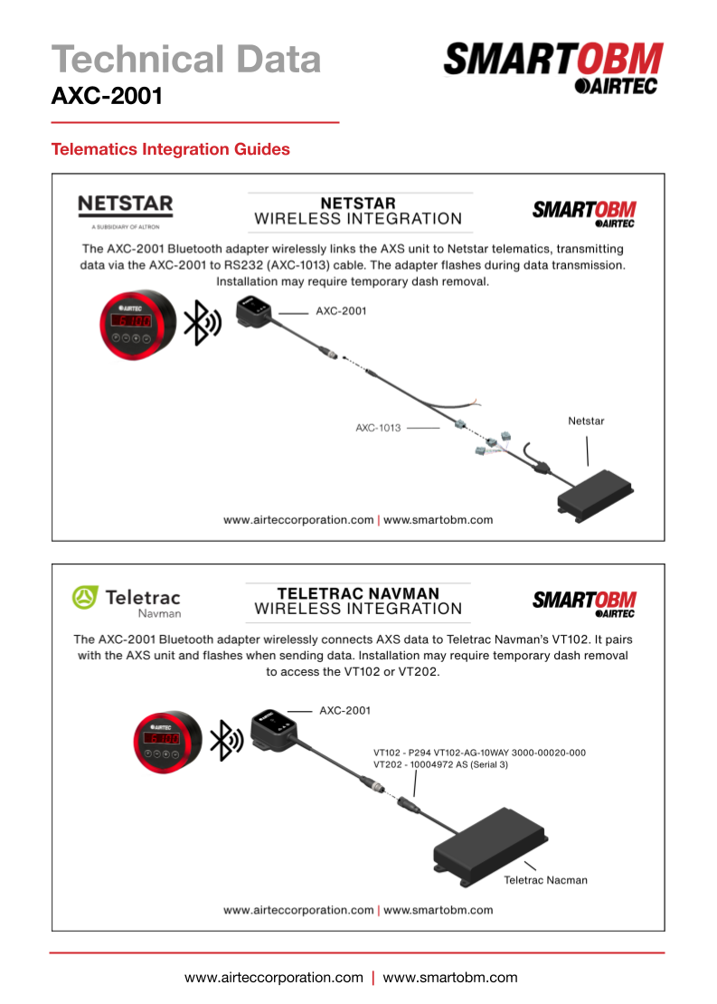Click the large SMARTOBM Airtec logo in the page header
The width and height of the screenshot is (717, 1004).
[552, 69]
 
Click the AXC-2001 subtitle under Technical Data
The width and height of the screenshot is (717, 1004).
[107, 95]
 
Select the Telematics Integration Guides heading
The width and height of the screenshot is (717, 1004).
[171, 149]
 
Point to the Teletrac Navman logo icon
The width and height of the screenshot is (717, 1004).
[84, 597]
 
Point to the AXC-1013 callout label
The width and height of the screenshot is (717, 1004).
[378, 427]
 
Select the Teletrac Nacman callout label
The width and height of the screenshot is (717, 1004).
[545, 880]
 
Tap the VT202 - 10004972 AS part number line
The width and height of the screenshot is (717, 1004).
[440, 765]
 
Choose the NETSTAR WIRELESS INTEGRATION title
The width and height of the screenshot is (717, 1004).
[358, 211]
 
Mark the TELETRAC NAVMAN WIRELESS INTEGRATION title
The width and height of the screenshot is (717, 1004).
[358, 601]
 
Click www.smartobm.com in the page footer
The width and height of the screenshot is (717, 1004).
[450, 978]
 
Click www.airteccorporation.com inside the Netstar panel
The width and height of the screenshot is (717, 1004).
[298, 520]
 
